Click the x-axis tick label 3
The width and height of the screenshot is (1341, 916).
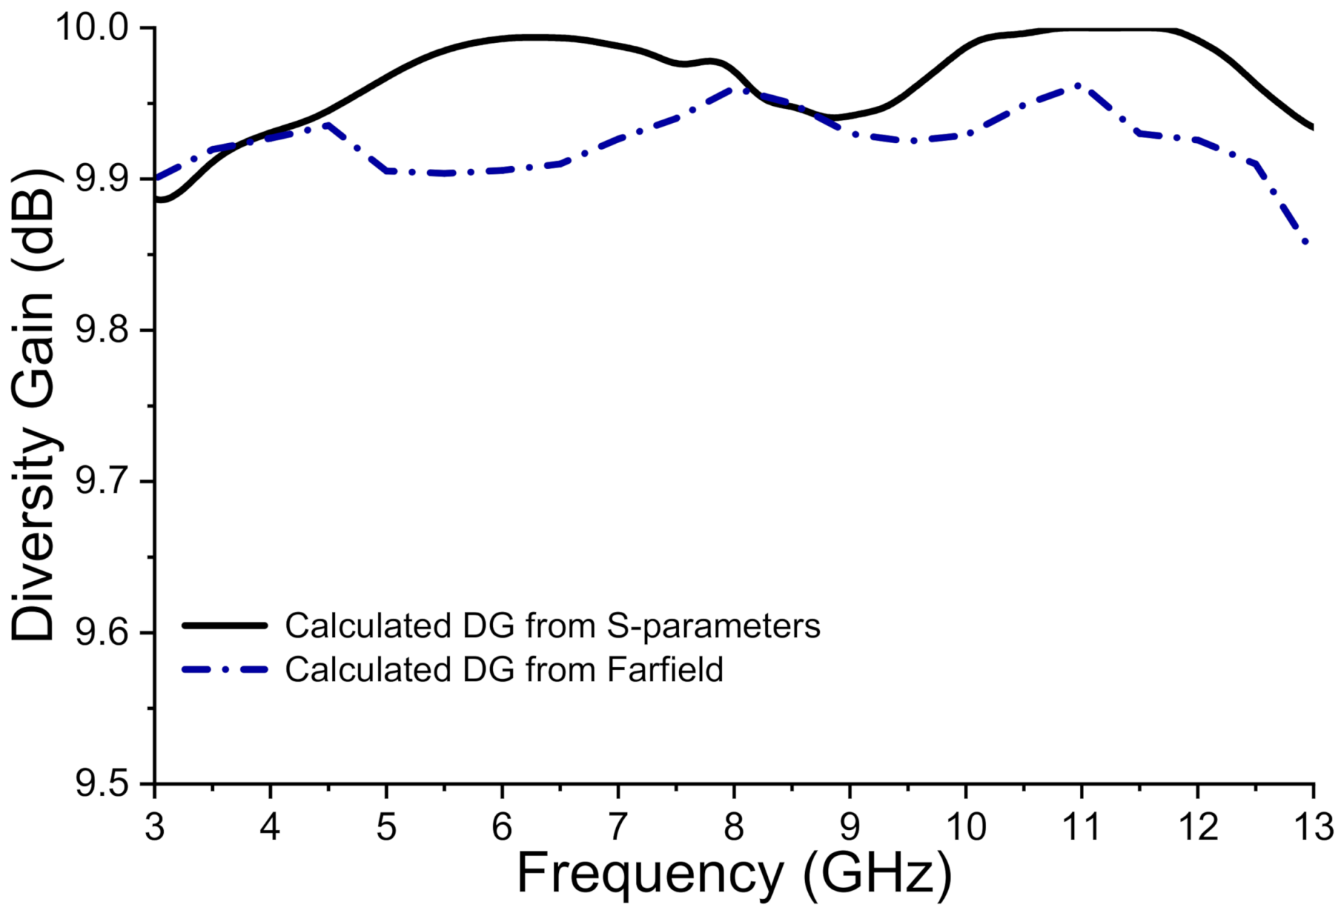[x=155, y=827]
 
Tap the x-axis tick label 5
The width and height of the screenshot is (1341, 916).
[x=386, y=827]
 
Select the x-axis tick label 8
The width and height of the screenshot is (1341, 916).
[x=733, y=827]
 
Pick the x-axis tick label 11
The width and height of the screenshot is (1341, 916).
[x=1081, y=827]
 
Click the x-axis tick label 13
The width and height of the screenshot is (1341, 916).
[x=1312, y=827]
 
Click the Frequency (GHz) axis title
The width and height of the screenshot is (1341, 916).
[x=734, y=874]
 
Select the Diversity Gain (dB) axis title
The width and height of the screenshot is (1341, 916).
[x=34, y=405]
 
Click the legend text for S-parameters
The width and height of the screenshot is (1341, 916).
[x=552, y=625]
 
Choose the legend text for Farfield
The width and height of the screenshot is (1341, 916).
[x=504, y=670]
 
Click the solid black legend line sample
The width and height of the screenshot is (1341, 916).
[x=225, y=625]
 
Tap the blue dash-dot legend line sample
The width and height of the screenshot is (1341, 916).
[x=225, y=670]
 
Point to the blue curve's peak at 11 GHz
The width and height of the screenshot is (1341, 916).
[x=1078, y=85]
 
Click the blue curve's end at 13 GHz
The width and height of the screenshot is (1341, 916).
[x=1307, y=243]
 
